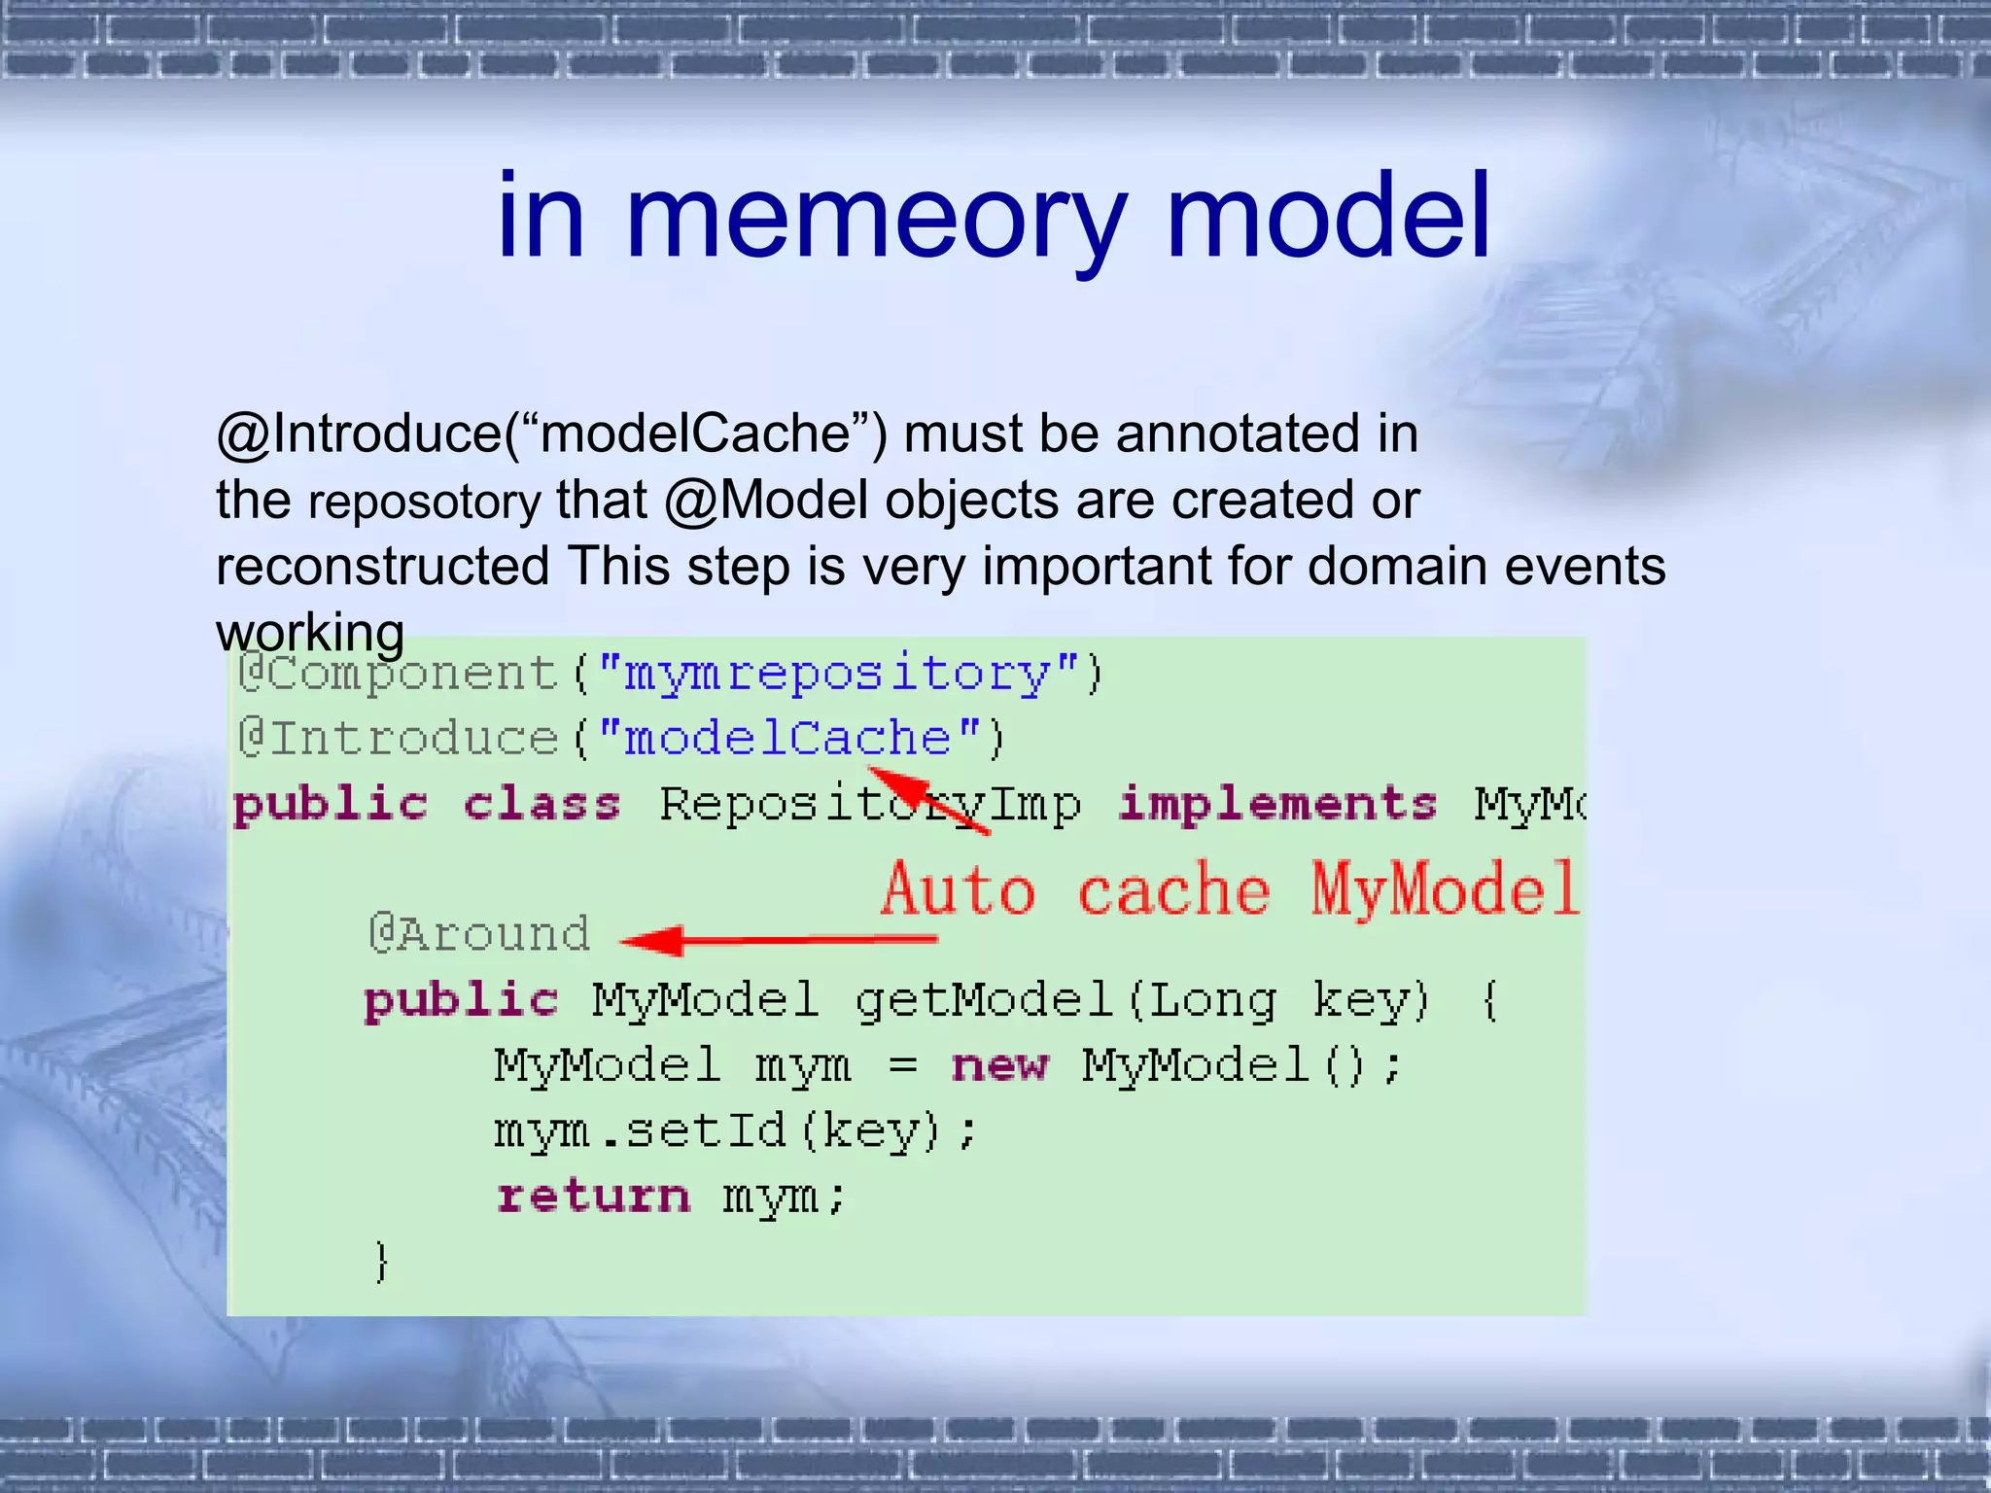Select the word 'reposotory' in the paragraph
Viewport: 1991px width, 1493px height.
coord(425,503)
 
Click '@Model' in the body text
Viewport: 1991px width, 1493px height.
coord(766,502)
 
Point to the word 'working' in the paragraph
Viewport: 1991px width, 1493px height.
coord(310,634)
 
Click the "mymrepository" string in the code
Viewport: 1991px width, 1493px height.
coord(837,674)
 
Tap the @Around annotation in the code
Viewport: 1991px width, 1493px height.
coord(479,934)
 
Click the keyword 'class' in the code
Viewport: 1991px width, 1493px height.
coord(541,805)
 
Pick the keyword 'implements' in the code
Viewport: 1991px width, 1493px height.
coord(1276,805)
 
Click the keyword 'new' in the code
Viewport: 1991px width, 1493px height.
coord(1000,1065)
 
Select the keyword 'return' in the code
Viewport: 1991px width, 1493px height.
coord(593,1196)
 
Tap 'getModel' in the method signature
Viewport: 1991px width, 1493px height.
coord(983,1001)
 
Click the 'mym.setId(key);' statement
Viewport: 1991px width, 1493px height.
coord(735,1131)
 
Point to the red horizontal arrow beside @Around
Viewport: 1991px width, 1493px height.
coord(778,940)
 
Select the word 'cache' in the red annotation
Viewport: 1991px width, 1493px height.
coord(1173,890)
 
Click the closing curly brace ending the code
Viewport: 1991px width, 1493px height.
coord(382,1262)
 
